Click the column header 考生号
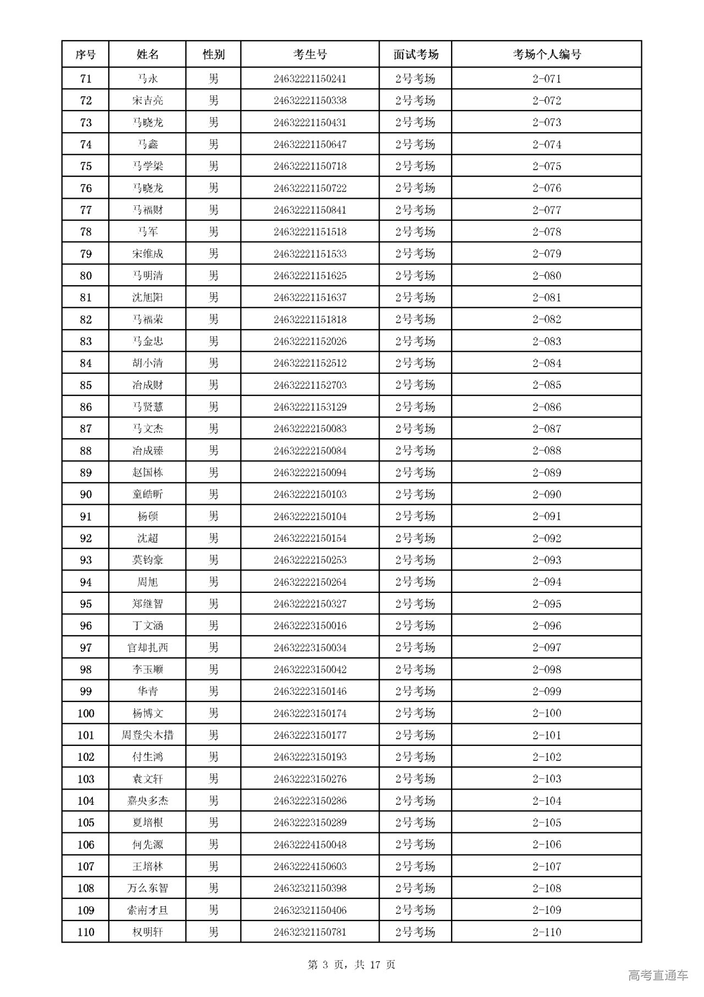pyautogui.click(x=310, y=55)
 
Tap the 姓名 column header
pyautogui.click(x=147, y=55)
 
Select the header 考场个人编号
pyautogui.click(x=547, y=55)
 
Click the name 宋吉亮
pyautogui.click(x=147, y=101)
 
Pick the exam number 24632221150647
pyautogui.click(x=310, y=144)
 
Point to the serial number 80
pyautogui.click(x=86, y=276)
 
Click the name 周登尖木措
pyautogui.click(x=147, y=735)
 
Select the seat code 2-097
pyautogui.click(x=547, y=647)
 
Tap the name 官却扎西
pyautogui.click(x=147, y=647)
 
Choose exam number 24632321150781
pyautogui.click(x=310, y=932)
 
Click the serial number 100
pyautogui.click(x=86, y=713)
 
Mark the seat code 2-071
pyautogui.click(x=547, y=79)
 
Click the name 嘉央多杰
pyautogui.click(x=147, y=801)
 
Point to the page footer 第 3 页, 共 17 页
pyautogui.click(x=351, y=965)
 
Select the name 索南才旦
pyautogui.click(x=147, y=910)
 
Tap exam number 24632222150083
pyautogui.click(x=310, y=429)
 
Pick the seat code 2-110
pyautogui.click(x=547, y=932)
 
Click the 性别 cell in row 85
pyautogui.click(x=213, y=385)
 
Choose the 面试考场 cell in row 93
pyautogui.click(x=415, y=560)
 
